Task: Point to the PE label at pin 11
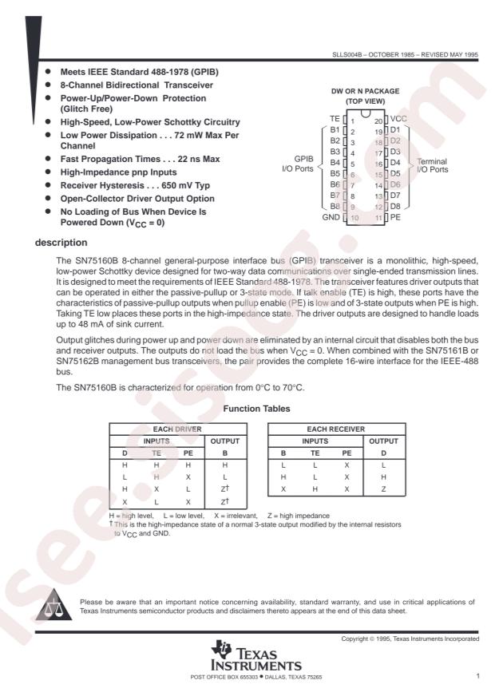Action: click(x=397, y=216)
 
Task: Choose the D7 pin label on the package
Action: click(x=394, y=195)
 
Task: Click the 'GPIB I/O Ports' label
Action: click(x=293, y=164)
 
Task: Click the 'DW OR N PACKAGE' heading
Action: click(x=360, y=91)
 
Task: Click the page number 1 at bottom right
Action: click(x=477, y=677)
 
